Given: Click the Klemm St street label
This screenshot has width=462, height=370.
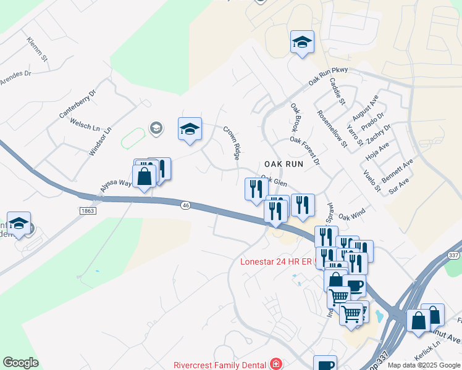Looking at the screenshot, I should click(x=38, y=50).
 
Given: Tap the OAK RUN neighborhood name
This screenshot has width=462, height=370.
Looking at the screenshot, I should click(x=283, y=164).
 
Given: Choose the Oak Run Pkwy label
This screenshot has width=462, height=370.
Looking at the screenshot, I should click(x=329, y=78).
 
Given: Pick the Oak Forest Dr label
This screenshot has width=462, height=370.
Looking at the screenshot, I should click(x=305, y=150).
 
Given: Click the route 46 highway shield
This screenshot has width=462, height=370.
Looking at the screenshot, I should click(x=185, y=205).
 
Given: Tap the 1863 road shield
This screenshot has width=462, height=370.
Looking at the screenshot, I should click(x=88, y=210).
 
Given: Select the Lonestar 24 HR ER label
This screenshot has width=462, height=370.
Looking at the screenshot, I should click(x=276, y=262).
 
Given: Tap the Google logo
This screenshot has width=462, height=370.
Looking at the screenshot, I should click(x=20, y=363).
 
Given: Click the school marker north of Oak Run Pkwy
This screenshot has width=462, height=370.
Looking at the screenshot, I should click(x=302, y=43).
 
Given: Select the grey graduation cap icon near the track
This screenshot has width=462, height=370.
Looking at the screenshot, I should click(x=156, y=128).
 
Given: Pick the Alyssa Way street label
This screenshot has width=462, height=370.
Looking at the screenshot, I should click(x=117, y=183).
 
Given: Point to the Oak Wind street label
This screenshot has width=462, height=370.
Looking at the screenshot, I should click(x=352, y=215).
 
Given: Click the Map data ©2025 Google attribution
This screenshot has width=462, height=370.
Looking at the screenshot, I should click(x=423, y=365).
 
